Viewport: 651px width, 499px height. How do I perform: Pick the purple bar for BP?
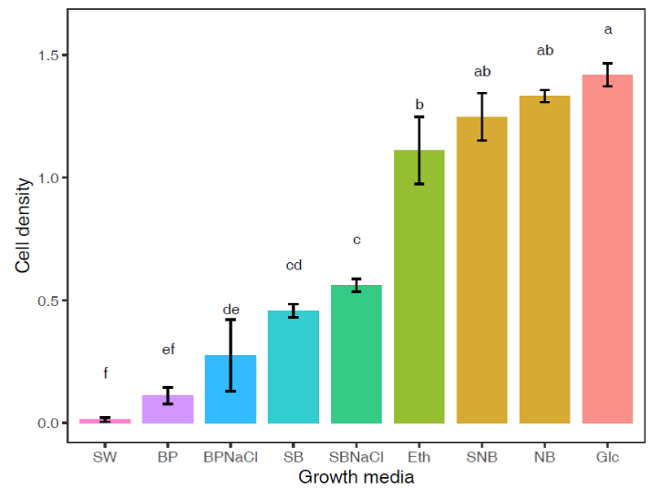tap(168, 409)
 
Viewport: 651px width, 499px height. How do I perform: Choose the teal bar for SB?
tap(293, 366)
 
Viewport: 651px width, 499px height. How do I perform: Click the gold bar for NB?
tap(544, 260)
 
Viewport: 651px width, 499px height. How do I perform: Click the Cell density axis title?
tap(25, 226)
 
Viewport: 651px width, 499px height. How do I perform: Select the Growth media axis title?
tap(356, 478)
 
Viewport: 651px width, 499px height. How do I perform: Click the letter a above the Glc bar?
tap(608, 30)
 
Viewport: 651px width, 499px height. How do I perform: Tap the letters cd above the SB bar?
tap(294, 265)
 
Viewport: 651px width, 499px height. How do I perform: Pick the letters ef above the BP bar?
tap(168, 350)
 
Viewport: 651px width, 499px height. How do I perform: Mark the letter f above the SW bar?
tap(106, 373)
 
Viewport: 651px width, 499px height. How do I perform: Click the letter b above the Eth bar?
tap(419, 104)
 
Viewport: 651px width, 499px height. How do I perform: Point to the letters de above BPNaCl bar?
tap(231, 309)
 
